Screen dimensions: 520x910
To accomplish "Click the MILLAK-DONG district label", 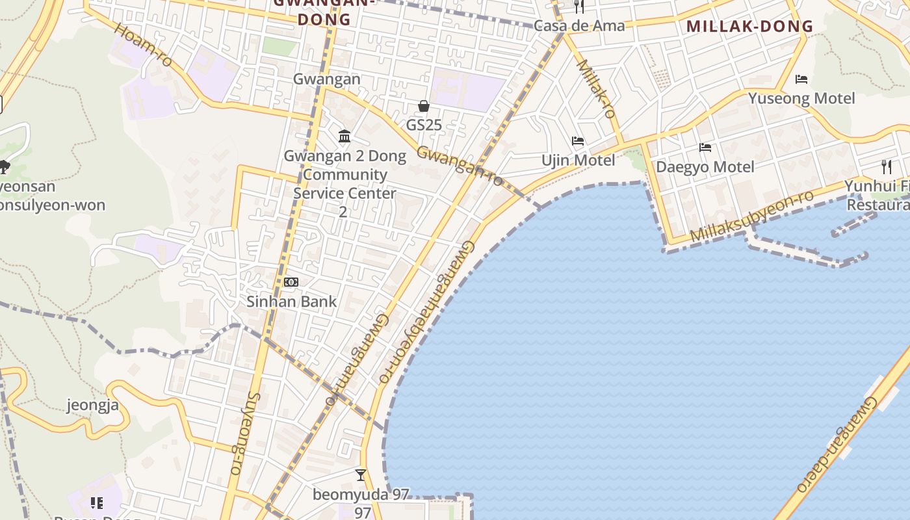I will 749,27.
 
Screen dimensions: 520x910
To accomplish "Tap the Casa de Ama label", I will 579,26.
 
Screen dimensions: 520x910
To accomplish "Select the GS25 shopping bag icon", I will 424,106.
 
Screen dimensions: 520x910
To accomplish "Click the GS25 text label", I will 424,124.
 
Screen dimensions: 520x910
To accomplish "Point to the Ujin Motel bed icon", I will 578,141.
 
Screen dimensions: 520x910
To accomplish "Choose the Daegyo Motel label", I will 705,167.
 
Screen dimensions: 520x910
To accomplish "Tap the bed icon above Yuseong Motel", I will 801,79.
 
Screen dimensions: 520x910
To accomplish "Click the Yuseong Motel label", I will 801,99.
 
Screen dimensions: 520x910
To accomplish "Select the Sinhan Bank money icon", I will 291,282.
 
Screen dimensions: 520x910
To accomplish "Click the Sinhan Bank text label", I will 291,302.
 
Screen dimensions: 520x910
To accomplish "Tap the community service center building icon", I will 344,136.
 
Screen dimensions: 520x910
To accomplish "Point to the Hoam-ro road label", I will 144,45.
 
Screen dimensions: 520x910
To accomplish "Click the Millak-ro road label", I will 596,88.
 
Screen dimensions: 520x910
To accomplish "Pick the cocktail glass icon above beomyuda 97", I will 361,475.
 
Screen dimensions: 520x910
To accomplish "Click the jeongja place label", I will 93,406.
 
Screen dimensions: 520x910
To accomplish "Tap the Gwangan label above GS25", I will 326,79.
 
